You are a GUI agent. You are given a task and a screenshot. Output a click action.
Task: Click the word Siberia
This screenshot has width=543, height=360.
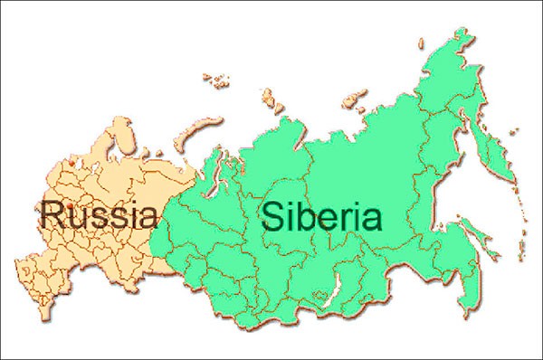tap(321, 217)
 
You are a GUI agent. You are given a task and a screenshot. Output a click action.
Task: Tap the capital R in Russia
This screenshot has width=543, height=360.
tap(52, 215)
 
